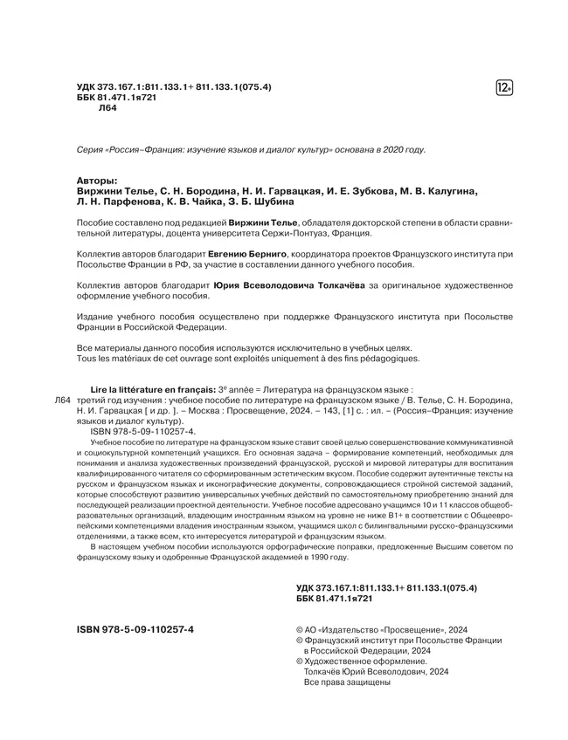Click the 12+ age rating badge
(504, 87)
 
